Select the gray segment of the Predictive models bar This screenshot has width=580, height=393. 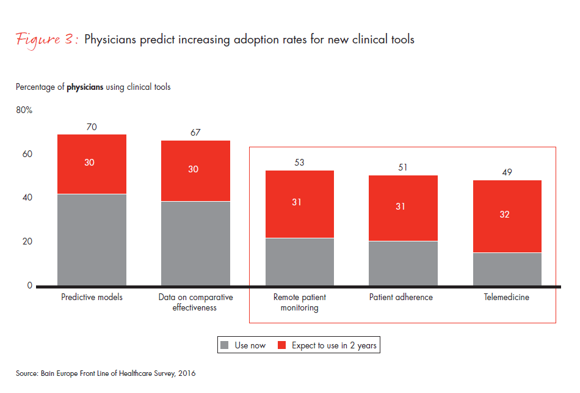pos(92,240)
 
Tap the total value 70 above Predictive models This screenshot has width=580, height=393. pos(92,127)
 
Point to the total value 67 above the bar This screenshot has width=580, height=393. pos(195,133)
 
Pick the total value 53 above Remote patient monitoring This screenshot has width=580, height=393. pos(299,163)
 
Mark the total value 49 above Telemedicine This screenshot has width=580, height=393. pos(507,172)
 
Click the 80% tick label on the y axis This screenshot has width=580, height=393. pos(24,111)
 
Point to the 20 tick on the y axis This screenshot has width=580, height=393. pos(27,241)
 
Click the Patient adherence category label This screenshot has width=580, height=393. pos(401,297)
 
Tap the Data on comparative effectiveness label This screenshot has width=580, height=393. pos(195,302)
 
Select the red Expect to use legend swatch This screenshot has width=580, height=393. pos(282,345)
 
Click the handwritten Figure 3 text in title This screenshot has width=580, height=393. pos(46,40)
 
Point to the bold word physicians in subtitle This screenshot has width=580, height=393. pos(85,87)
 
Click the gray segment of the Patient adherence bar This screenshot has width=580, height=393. pos(403,263)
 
